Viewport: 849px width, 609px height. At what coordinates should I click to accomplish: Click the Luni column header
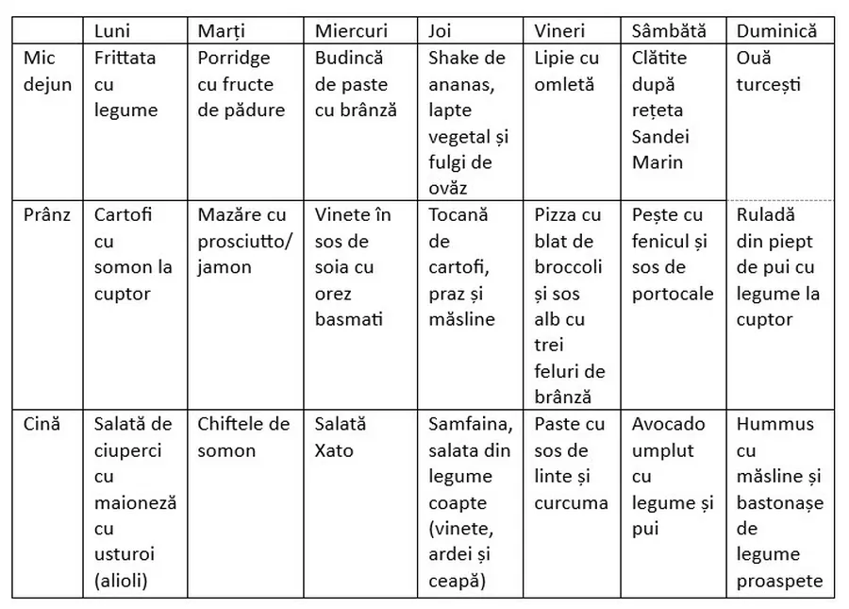click(112, 30)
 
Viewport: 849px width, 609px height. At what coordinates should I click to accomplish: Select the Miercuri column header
click(351, 30)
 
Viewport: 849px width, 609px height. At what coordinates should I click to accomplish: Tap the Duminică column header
click(778, 30)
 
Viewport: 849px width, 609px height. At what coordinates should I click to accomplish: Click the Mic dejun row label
click(47, 71)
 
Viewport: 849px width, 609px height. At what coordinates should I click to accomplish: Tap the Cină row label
click(42, 424)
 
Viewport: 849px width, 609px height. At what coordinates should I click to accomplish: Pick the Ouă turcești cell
click(769, 71)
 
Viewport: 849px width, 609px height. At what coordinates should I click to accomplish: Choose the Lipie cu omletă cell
click(566, 71)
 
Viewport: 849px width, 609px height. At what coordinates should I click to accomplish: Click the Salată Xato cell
click(341, 437)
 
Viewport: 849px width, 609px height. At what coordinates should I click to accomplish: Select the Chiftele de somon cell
click(243, 437)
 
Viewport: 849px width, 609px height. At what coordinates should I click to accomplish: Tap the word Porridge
click(234, 58)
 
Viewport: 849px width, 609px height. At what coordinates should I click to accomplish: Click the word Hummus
click(774, 424)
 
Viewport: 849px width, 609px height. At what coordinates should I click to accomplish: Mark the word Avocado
click(669, 424)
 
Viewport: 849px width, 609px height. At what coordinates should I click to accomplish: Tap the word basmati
click(349, 319)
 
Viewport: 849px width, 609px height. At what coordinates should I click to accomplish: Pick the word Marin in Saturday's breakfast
click(658, 162)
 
